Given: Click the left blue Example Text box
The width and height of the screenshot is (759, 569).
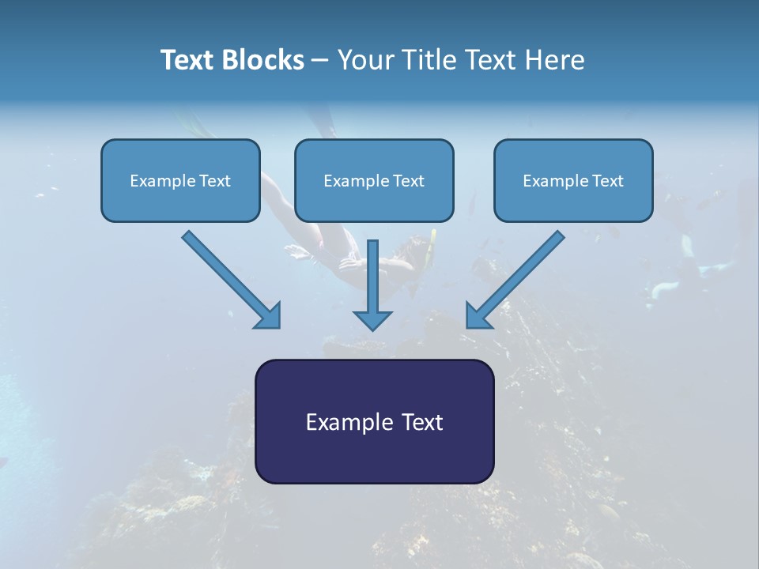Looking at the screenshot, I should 180,180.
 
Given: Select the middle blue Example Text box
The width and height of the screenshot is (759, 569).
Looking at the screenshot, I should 374,180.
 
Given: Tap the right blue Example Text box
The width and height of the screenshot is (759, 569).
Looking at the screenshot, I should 573,180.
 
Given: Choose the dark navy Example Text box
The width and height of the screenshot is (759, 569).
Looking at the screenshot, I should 374,421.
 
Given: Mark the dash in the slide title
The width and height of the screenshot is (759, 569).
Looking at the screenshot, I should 320,60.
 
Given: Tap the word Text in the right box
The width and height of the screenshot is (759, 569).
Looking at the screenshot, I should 607,181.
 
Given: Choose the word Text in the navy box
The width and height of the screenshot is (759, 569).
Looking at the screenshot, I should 423,422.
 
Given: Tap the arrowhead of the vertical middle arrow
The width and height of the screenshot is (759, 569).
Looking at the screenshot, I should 372,319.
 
